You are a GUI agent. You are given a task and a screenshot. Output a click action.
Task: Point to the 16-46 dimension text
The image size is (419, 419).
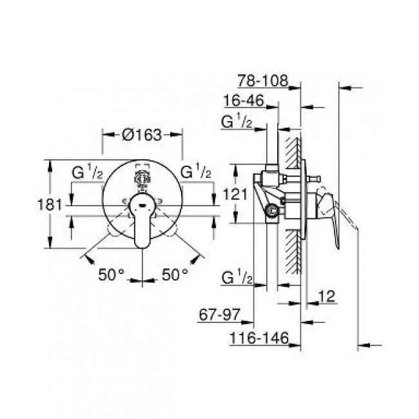point(246,101)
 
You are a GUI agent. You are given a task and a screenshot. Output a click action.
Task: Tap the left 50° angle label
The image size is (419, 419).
point(112,274)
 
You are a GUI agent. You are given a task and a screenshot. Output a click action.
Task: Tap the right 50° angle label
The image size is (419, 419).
point(174,274)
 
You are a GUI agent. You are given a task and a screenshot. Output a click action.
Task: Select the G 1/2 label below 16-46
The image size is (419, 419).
point(237,121)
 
